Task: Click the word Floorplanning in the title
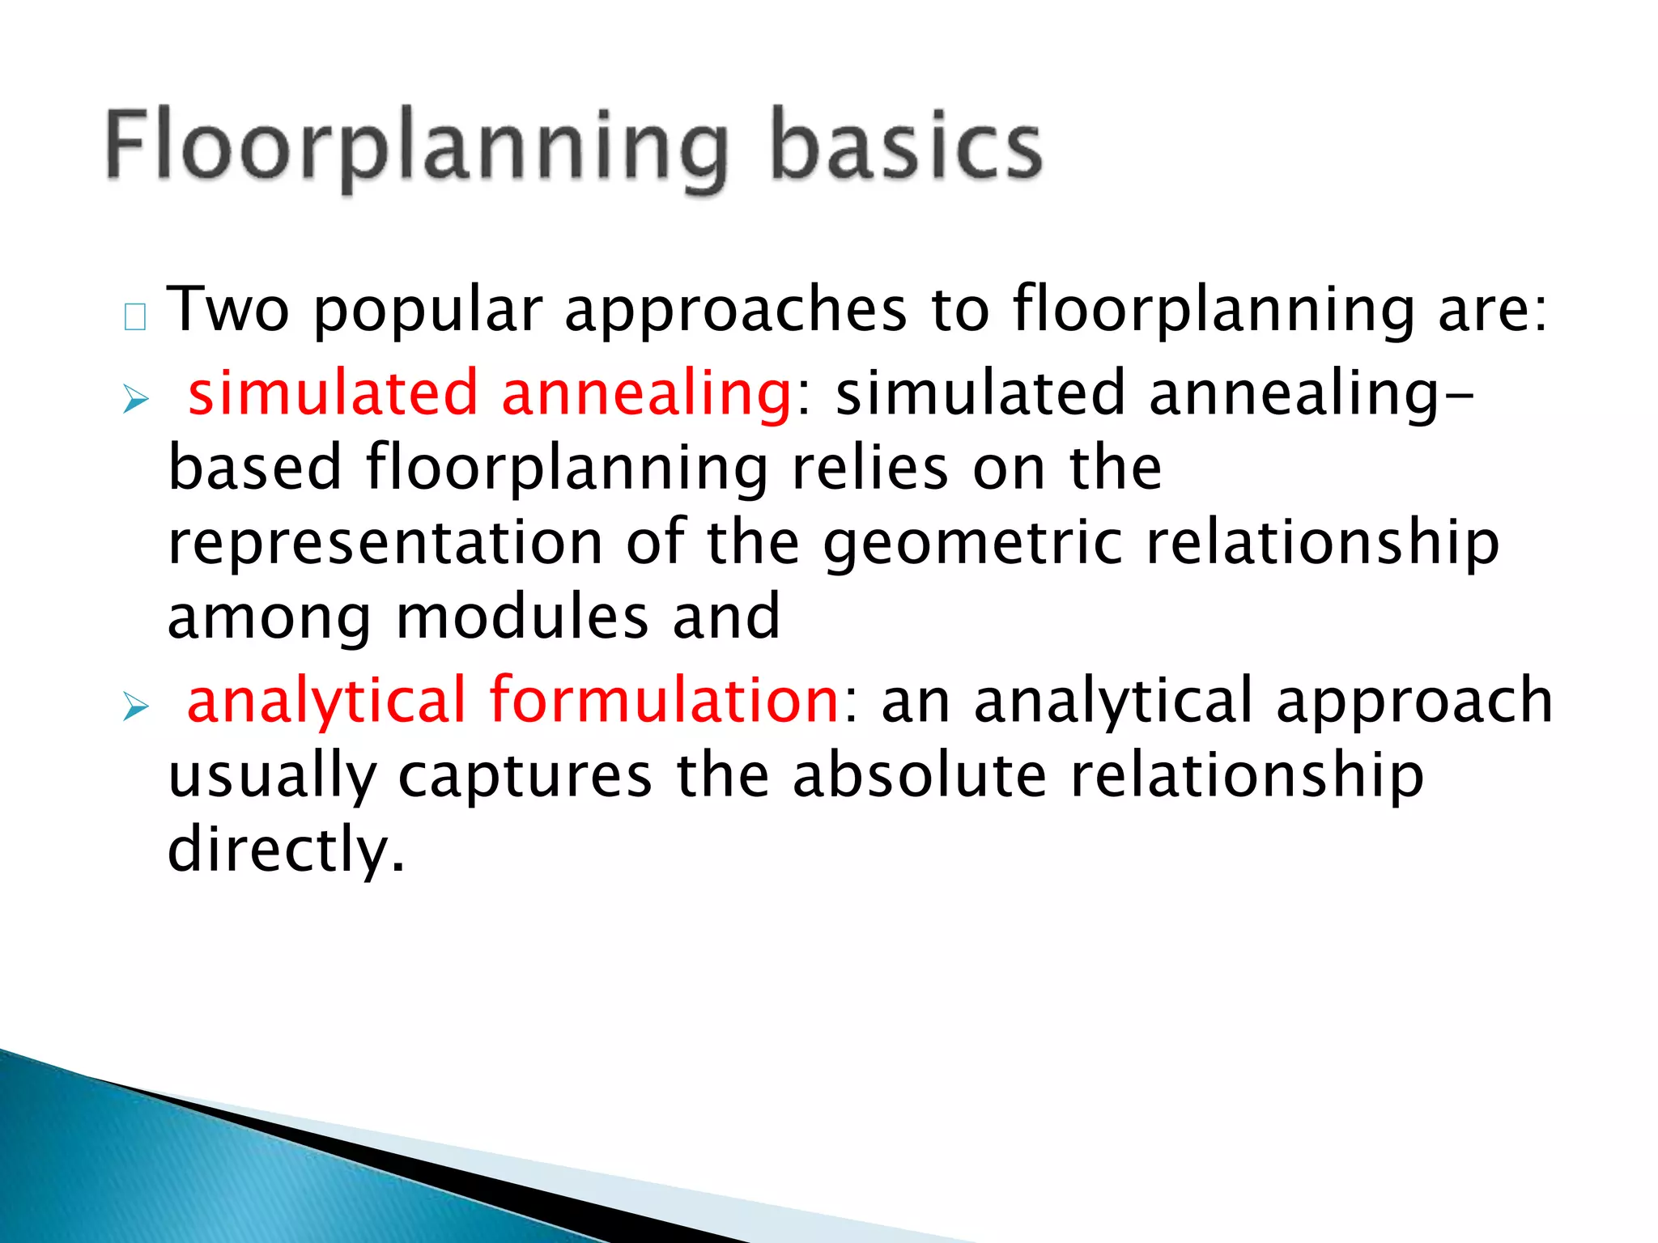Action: (x=417, y=150)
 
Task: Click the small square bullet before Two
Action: (x=135, y=317)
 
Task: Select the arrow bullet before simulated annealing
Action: (x=136, y=399)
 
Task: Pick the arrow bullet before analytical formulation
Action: (x=136, y=707)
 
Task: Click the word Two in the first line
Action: (x=227, y=310)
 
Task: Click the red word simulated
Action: (x=333, y=393)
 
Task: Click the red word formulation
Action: (x=664, y=701)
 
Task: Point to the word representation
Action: (x=385, y=544)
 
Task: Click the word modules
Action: (x=522, y=617)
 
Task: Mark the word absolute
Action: (x=919, y=775)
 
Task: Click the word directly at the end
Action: (x=284, y=851)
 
